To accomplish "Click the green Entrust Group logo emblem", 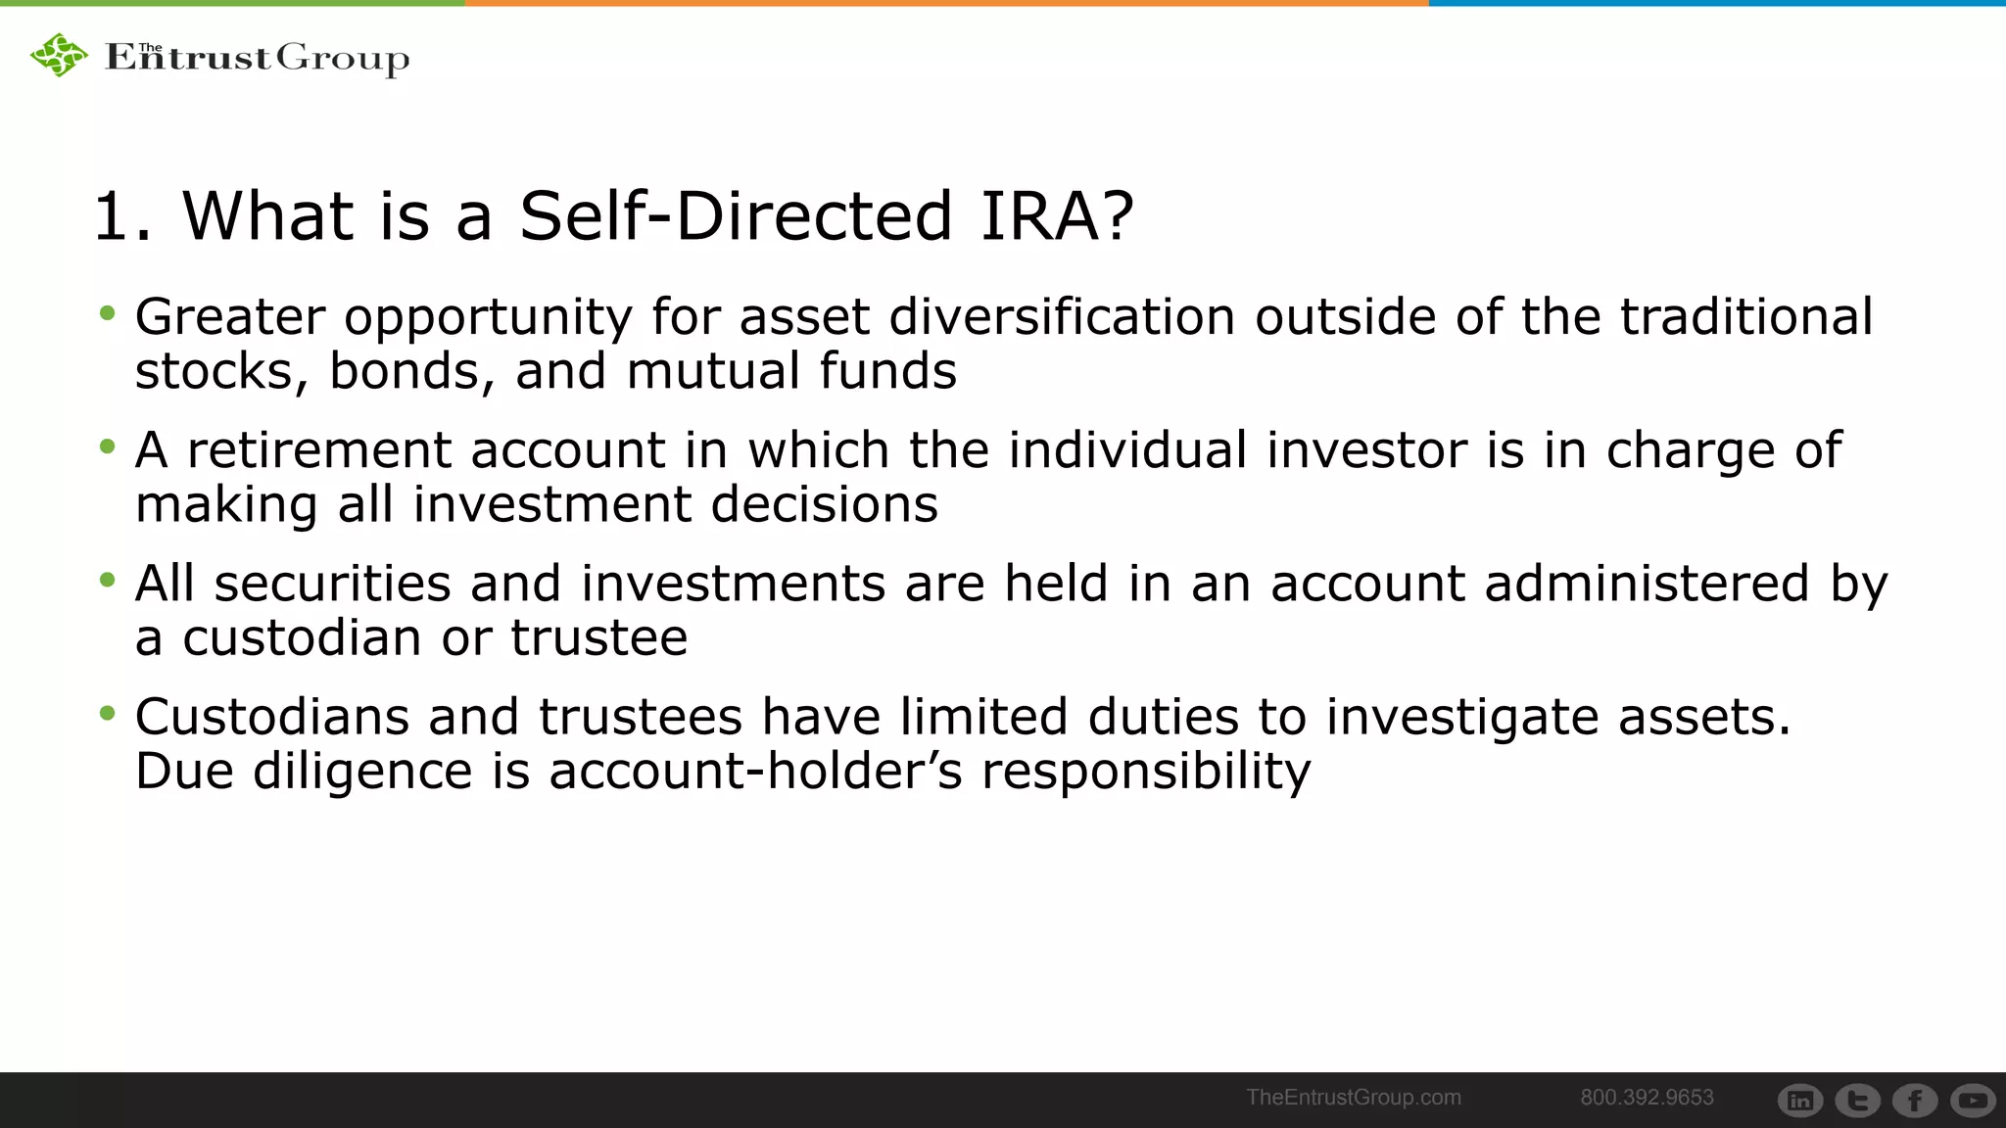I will point(59,55).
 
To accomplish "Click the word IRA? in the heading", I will point(1057,215).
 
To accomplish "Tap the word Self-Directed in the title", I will point(736,215).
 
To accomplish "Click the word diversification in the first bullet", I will point(1062,317).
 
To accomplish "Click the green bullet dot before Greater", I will point(108,314).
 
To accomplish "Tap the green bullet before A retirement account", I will point(108,447).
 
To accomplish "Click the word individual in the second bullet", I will point(1127,450).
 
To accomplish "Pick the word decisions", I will point(824,505).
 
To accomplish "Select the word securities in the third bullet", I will point(332,584).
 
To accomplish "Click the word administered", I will point(1647,584).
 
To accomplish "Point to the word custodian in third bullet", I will point(303,638).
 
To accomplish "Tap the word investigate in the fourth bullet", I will point(1461,717).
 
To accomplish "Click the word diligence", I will point(362,772).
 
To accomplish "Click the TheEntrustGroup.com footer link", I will point(1353,1098).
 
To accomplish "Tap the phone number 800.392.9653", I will point(1647,1098).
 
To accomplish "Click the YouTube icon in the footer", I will point(1973,1101).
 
